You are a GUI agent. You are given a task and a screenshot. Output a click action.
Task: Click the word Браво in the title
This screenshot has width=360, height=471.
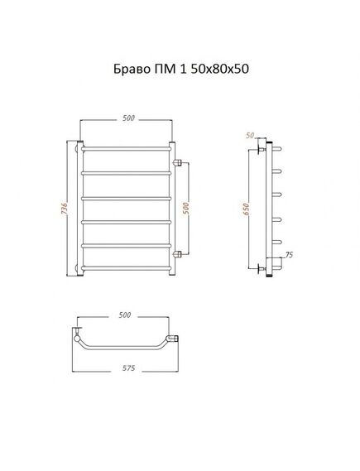point(132,70)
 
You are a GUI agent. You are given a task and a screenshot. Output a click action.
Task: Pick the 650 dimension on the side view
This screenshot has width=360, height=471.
point(246,209)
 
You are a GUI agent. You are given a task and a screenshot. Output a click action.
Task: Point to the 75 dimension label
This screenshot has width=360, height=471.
point(289,255)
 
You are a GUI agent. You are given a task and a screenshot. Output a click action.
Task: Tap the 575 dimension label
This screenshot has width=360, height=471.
point(129,368)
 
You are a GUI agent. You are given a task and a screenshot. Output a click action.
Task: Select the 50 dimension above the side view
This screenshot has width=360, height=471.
point(250,136)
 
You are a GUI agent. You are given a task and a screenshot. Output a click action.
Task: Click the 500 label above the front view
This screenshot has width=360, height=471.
point(128,118)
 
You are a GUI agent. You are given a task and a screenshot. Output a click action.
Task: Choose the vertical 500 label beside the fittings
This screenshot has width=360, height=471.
point(186,209)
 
